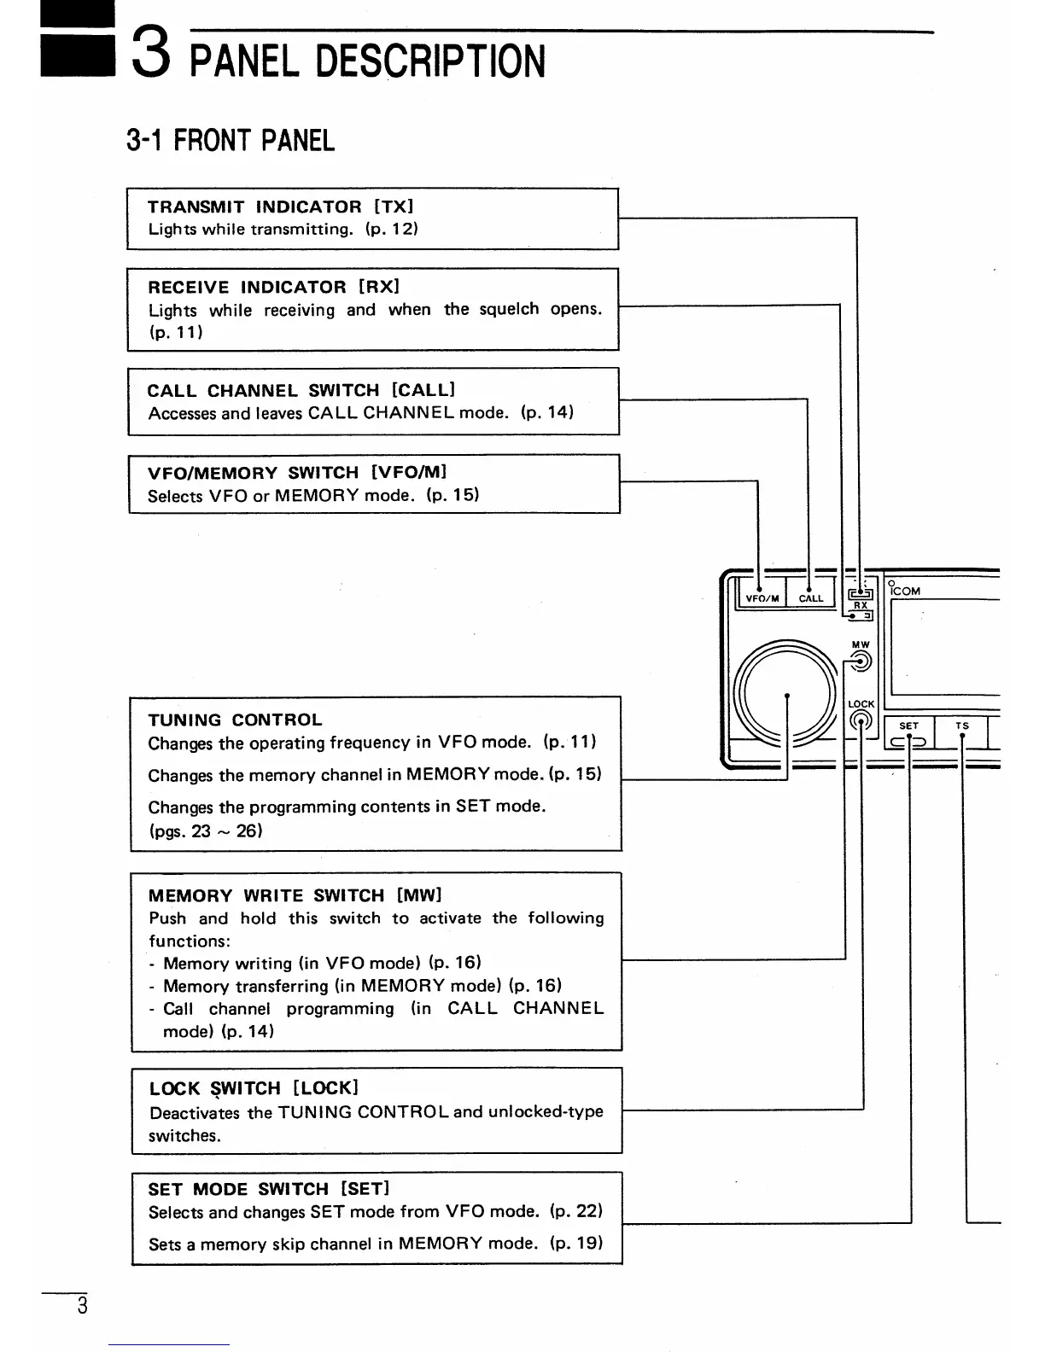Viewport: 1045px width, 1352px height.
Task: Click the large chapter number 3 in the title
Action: coord(150,50)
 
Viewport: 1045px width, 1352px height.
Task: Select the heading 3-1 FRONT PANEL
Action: coord(230,140)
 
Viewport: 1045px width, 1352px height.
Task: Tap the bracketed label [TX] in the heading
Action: coord(394,207)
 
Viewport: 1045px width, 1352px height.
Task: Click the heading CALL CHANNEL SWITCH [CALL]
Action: coord(301,390)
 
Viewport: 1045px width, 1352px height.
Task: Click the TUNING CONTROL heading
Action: coord(235,720)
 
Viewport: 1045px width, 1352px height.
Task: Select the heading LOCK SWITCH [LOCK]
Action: coord(254,1088)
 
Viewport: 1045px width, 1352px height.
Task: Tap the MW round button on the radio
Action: coord(861,661)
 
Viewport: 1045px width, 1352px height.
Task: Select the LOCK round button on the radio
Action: coord(861,722)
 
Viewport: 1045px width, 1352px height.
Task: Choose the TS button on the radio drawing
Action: coord(962,732)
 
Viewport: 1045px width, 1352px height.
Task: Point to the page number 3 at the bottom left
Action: coord(81,1306)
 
